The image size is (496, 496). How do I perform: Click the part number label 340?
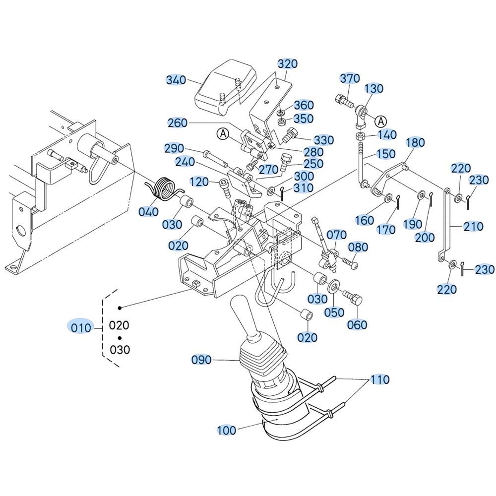(x=176, y=80)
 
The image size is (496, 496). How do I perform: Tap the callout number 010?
(x=80, y=327)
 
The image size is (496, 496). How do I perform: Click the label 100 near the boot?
(x=227, y=430)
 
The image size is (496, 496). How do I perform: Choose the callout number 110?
(x=379, y=380)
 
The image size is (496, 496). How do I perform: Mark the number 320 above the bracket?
(x=287, y=64)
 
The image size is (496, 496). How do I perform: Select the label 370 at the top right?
(x=350, y=78)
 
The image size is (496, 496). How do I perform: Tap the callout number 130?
(x=374, y=89)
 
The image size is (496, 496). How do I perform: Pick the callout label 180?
(x=415, y=143)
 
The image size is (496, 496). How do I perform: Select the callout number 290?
(x=175, y=149)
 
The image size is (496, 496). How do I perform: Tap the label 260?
(x=178, y=123)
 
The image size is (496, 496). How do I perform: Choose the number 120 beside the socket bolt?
(x=199, y=182)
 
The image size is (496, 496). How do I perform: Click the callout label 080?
(x=358, y=247)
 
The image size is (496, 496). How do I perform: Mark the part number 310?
(x=304, y=188)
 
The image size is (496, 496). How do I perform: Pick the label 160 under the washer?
(x=365, y=220)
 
